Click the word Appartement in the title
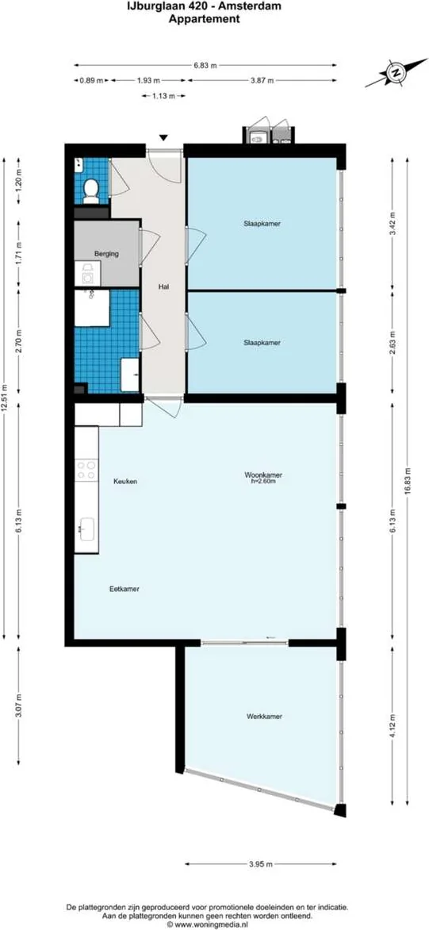pyautogui.click(x=204, y=20)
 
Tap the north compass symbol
pyautogui.click(x=393, y=73)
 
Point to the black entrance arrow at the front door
pyautogui.click(x=164, y=137)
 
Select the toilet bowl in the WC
pyautogui.click(x=92, y=189)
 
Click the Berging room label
pyautogui.click(x=106, y=254)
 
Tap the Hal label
pyautogui.click(x=164, y=288)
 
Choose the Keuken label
pyautogui.click(x=125, y=481)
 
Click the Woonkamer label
pyautogui.click(x=263, y=475)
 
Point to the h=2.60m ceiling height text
pyautogui.click(x=263, y=482)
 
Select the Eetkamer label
pyautogui.click(x=124, y=589)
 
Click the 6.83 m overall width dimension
pyautogui.click(x=206, y=66)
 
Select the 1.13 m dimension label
pyautogui.click(x=164, y=96)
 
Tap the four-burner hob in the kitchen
pyautogui.click(x=86, y=471)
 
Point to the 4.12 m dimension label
pyautogui.click(x=394, y=726)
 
